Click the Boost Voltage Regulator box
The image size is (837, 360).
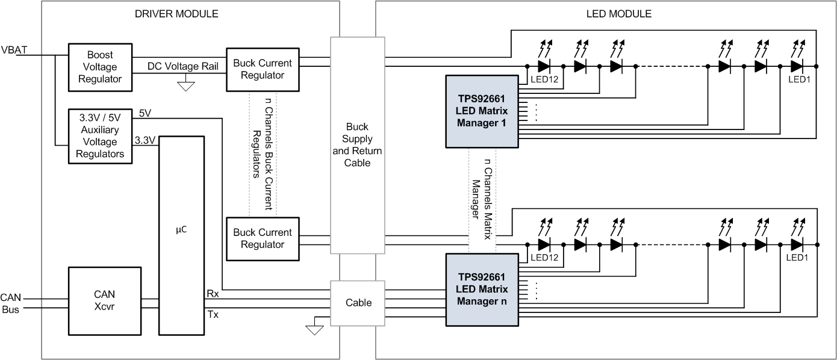pos(100,67)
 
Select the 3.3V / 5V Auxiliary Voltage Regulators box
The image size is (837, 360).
pos(100,136)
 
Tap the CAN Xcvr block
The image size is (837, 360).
pos(105,301)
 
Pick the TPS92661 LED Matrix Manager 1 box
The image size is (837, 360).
pos(481,111)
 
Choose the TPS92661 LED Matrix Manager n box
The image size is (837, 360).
pos(481,290)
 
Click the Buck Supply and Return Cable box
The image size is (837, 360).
pos(357,145)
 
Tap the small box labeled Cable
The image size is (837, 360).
pos(357,303)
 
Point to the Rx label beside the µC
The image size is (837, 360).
pos(213,294)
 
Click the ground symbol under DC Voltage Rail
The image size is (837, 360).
pos(187,85)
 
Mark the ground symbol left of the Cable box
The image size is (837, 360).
pos(314,329)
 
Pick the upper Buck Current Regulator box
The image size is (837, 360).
pos(262,69)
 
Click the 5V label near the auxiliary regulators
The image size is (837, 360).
pos(145,113)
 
